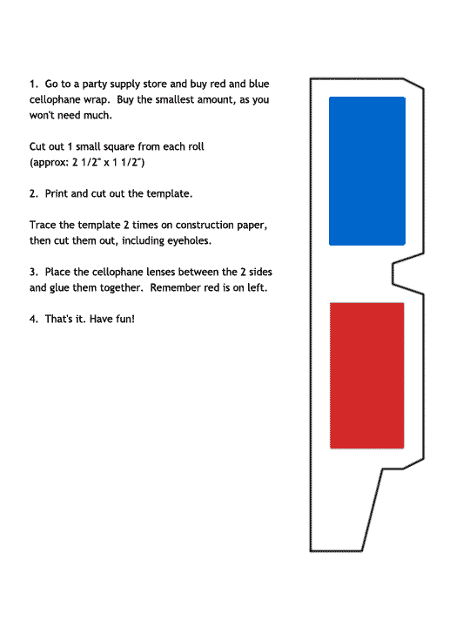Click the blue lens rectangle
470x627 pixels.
pos(366,171)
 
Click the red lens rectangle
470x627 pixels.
pos(366,375)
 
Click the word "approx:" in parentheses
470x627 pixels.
pos(51,163)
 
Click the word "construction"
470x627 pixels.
pos(202,226)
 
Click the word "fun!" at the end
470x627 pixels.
pos(122,320)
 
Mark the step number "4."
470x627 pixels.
pos(34,320)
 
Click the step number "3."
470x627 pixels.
pos(34,273)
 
